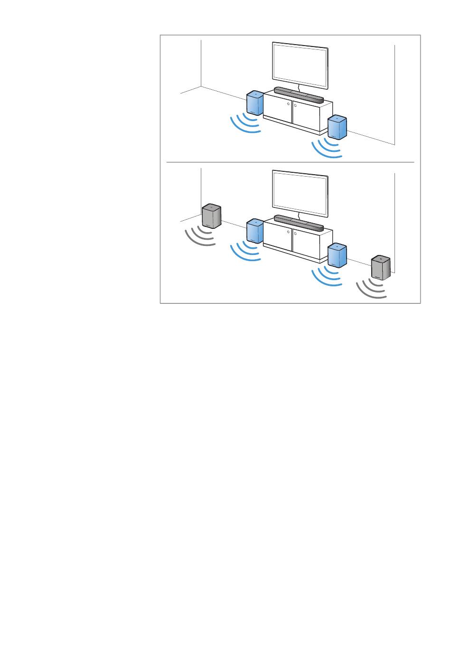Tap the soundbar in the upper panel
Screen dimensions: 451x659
tap(299, 95)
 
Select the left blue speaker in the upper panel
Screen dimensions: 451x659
tap(255, 104)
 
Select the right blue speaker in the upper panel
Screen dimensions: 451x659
tap(337, 127)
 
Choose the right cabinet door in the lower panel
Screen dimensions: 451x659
tap(307, 244)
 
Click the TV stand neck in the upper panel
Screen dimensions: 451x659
tap(299, 87)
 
